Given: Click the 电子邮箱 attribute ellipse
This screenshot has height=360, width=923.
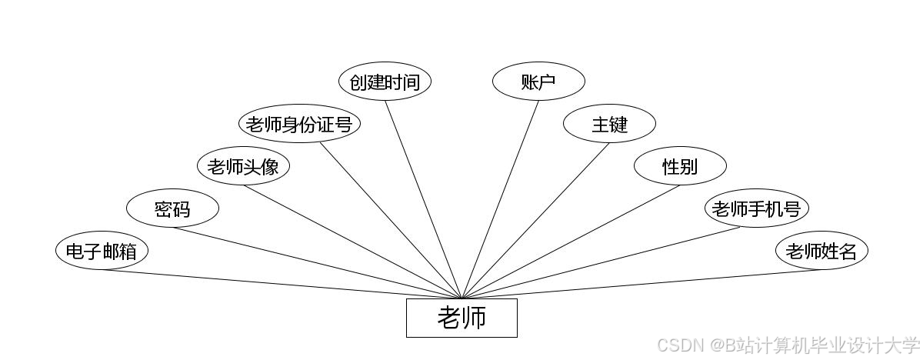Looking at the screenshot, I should (102, 252).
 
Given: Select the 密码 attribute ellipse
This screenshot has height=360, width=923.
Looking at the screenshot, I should (172, 209).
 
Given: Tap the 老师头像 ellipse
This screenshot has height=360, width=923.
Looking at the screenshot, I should (243, 167).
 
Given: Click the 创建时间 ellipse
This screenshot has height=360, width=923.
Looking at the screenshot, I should (385, 82).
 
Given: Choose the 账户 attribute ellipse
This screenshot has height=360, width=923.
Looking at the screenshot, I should (538, 82).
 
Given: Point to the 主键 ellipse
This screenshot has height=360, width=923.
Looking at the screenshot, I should (609, 125).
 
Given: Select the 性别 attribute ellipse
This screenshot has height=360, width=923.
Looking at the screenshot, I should (680, 167).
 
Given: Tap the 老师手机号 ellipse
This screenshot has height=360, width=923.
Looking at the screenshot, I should (757, 209).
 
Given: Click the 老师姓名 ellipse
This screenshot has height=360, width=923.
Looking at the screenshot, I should (821, 252).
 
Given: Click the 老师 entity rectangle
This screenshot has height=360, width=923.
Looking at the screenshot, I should (461, 318).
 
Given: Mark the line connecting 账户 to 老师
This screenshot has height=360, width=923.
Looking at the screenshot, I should (500, 199).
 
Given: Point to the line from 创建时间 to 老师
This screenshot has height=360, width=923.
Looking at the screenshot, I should (423, 199).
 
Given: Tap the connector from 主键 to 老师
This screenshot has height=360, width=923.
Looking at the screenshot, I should (535, 222).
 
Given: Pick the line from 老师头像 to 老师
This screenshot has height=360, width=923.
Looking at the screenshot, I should (352, 242).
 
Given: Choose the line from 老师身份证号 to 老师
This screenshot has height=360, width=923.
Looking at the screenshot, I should (391, 221).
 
